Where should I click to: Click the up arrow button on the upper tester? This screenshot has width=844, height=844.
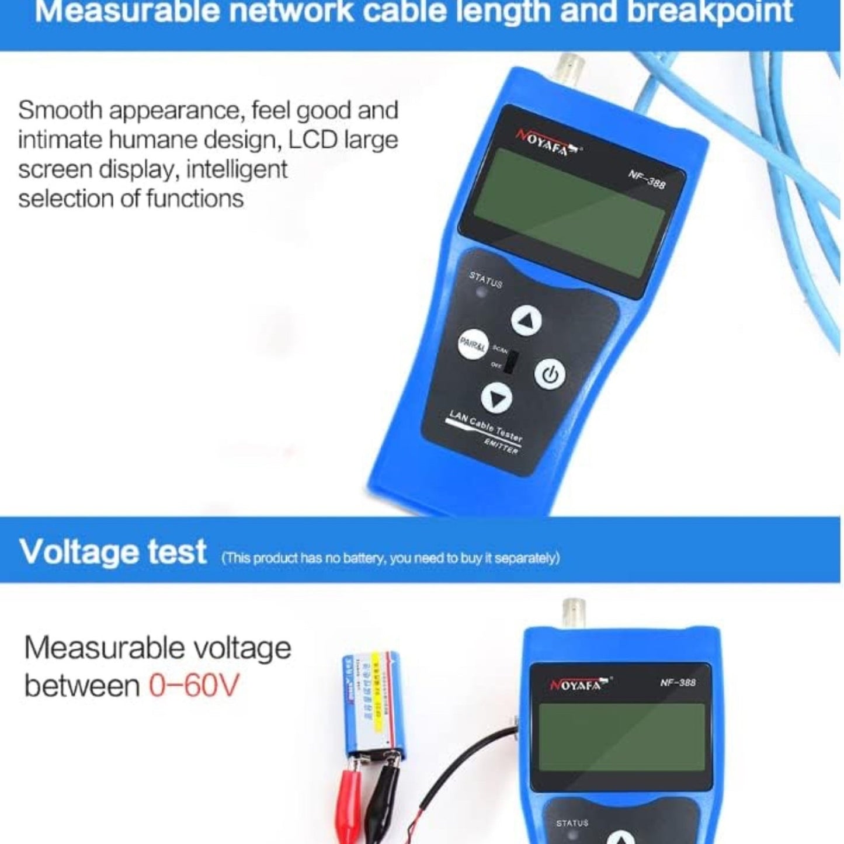pos(526,321)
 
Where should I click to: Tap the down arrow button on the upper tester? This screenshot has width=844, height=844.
pos(496,398)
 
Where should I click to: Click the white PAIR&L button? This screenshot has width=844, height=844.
pos(472,345)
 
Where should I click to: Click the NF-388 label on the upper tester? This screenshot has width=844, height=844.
pos(647,179)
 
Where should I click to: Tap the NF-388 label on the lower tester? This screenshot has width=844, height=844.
pos(678,682)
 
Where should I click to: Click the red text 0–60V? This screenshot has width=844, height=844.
pos(194,685)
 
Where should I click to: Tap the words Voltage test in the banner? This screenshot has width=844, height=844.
pos(113,552)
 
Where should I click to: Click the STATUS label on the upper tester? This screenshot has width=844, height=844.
pos(485,280)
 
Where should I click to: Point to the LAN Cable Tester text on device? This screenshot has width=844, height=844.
pos(485,426)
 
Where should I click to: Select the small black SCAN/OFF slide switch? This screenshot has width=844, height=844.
pos(510,363)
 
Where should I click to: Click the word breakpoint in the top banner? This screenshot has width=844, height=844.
pos(709,12)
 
